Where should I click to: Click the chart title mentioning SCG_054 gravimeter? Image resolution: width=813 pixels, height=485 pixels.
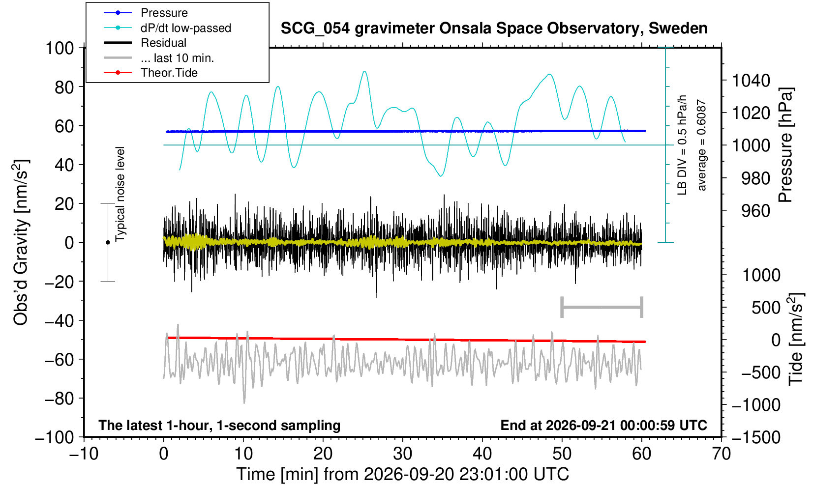[494, 28]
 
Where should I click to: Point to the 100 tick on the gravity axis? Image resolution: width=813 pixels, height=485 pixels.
[60, 48]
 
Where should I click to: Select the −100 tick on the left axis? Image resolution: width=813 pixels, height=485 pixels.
[55, 437]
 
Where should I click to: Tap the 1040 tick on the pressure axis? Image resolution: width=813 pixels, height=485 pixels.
[751, 80]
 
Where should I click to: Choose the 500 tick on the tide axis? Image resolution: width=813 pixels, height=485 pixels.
[766, 308]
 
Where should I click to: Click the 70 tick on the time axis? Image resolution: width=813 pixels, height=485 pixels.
[721, 454]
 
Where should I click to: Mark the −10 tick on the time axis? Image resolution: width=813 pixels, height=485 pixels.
[84, 454]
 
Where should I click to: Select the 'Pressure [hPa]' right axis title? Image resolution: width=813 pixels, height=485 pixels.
[786, 145]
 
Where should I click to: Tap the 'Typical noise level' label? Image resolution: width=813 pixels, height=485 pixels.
[120, 194]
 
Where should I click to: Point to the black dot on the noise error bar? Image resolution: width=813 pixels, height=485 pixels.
[108, 242]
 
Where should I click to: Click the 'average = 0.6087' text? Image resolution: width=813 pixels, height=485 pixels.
[701, 145]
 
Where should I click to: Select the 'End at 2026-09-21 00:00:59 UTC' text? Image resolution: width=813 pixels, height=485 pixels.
[603, 425]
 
